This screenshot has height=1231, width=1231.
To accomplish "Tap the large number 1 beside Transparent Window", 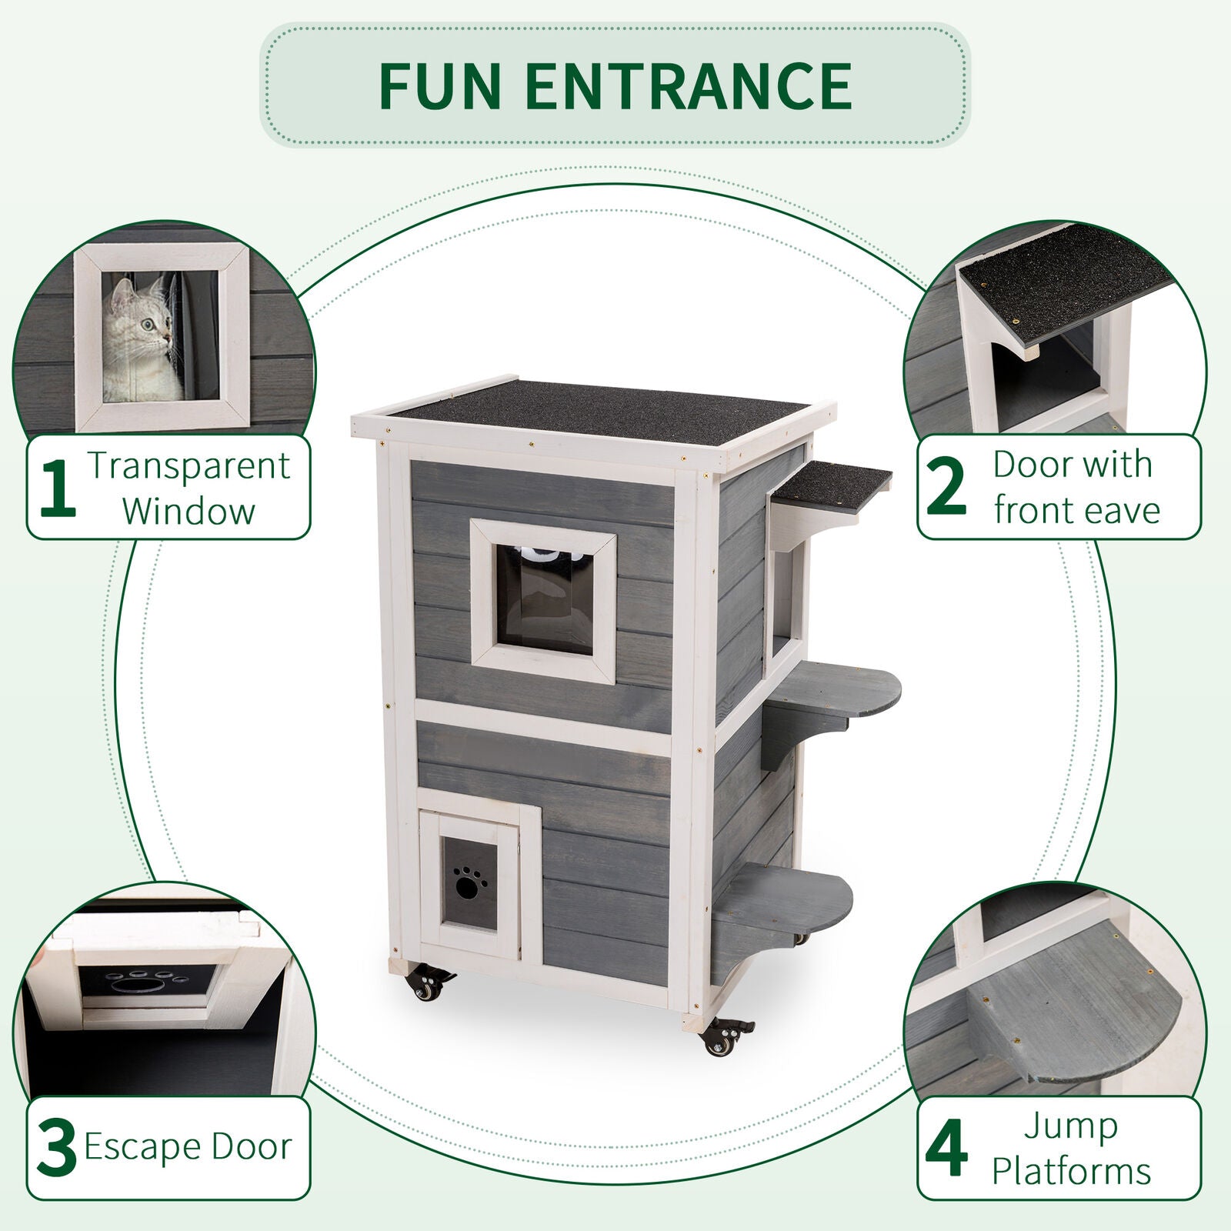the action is point(57,488).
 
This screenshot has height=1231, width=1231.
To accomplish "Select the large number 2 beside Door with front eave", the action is point(946,488).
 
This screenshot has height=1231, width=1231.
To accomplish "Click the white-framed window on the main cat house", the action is point(543,601).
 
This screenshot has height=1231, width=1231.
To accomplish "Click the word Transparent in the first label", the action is point(189,465).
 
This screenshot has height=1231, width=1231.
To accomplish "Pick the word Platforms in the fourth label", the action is point(1071,1172).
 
